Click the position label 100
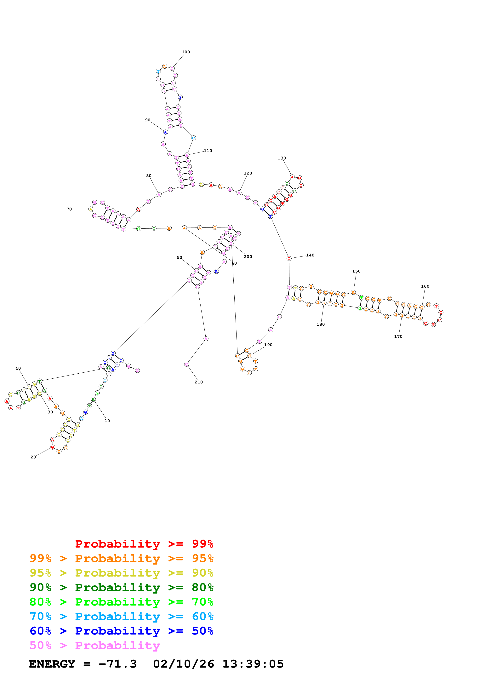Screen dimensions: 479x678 (186, 52)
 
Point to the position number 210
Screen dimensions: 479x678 (199, 382)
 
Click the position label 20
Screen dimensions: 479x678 (33, 457)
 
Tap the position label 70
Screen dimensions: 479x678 (69, 209)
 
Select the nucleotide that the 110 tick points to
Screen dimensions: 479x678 (187, 155)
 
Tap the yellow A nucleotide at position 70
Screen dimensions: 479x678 (91, 209)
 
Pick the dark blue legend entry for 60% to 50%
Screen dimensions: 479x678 (121, 631)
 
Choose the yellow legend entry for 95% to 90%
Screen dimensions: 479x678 (121, 573)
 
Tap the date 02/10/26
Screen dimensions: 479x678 (183, 664)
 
